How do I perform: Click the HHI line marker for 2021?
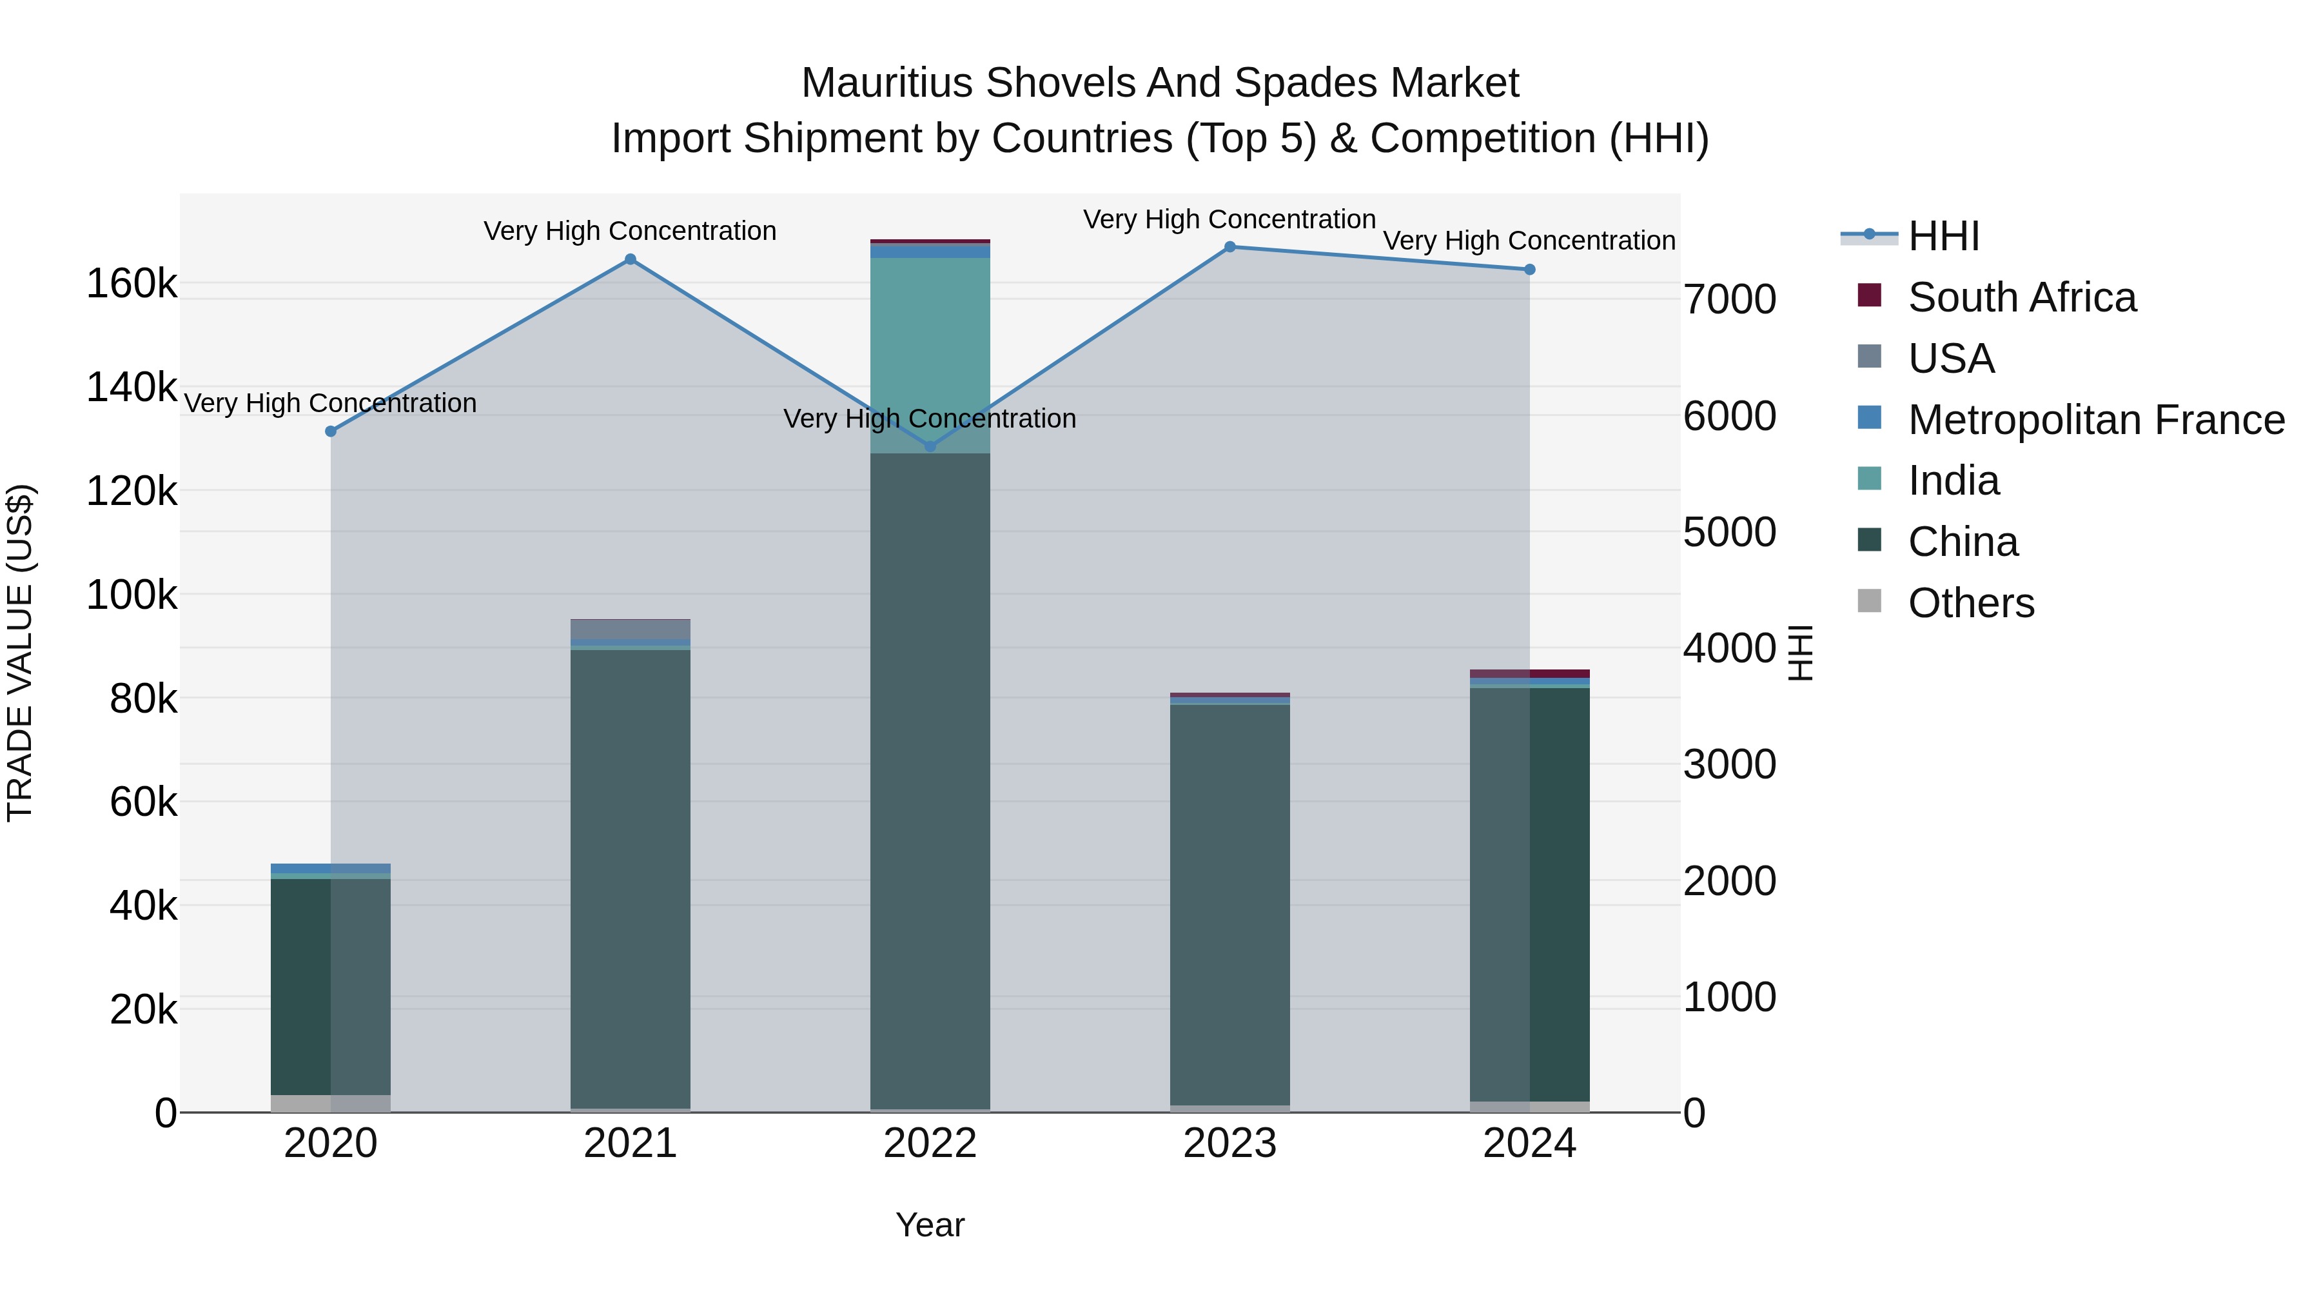click(x=630, y=259)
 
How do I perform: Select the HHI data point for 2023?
click(x=1230, y=247)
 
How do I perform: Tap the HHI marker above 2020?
click(x=331, y=431)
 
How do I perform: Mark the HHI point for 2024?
click(x=1529, y=270)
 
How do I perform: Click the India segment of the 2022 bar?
click(x=930, y=351)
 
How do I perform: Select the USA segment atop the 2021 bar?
click(x=630, y=629)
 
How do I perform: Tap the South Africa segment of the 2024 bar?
click(x=1529, y=673)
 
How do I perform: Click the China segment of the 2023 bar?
click(x=1230, y=902)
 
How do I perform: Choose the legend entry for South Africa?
click(x=2021, y=297)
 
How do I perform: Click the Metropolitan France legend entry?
click(x=2096, y=420)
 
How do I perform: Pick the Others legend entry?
click(x=1970, y=603)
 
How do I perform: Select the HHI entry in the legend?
click(x=1943, y=236)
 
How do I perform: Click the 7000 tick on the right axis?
click(x=1729, y=299)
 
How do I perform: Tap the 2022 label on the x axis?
click(x=930, y=1143)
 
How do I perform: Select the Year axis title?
click(x=930, y=1225)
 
